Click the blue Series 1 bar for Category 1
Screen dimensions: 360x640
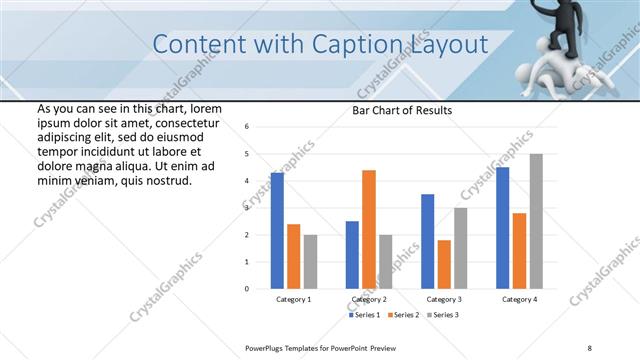[x=277, y=231]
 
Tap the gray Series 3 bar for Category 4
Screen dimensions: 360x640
[x=536, y=221]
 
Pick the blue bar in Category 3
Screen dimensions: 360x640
[x=428, y=241]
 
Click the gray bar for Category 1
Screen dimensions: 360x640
[x=310, y=261]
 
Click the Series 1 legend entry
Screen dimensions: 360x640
[x=364, y=316]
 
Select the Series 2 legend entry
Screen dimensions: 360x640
[x=403, y=316]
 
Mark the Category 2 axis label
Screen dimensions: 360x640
[x=369, y=300]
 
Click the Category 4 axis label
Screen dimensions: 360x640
[x=519, y=300]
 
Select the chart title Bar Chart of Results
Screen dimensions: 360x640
[x=402, y=110]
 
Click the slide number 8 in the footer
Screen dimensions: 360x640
[x=590, y=347]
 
